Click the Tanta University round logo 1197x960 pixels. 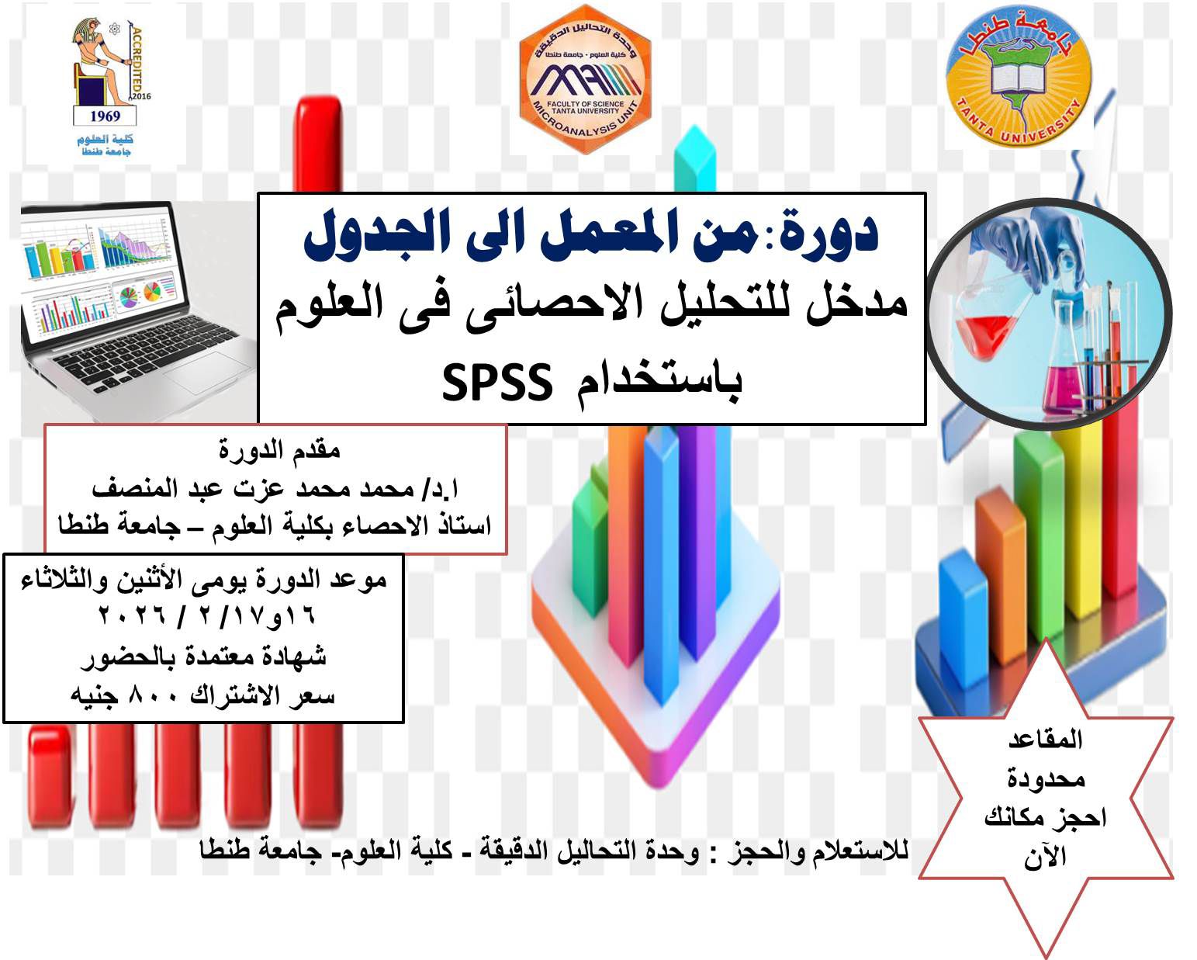click(1019, 78)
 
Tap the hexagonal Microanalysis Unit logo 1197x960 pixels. click(584, 80)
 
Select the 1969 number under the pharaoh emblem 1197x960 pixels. click(105, 116)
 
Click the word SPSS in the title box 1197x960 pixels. click(497, 383)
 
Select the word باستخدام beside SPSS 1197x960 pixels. click(659, 384)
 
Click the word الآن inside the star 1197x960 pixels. click(1045, 858)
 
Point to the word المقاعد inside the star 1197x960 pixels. click(1046, 740)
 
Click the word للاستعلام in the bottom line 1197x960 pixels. click(860, 850)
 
